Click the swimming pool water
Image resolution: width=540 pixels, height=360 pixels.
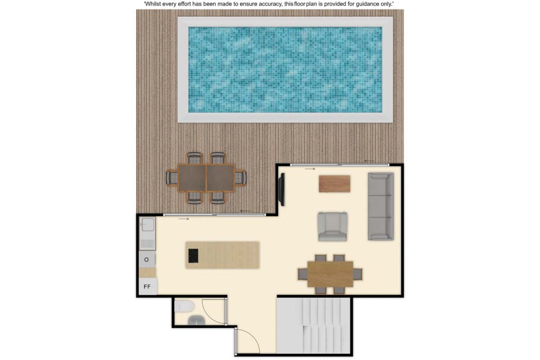pyautogui.click(x=285, y=70)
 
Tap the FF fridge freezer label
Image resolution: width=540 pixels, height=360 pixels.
pyautogui.click(x=147, y=287)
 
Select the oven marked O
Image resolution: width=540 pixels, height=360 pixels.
pyautogui.click(x=147, y=259)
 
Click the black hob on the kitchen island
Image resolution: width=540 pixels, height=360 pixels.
pyautogui.click(x=193, y=255)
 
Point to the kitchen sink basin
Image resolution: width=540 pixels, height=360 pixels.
pyautogui.click(x=148, y=226)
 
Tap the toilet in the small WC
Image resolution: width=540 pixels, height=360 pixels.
pyautogui.click(x=184, y=306)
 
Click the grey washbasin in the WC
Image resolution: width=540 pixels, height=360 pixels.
pyautogui.click(x=197, y=321)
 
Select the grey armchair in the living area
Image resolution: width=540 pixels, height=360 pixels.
pyautogui.click(x=332, y=226)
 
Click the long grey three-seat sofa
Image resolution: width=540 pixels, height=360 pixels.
pyautogui.click(x=381, y=206)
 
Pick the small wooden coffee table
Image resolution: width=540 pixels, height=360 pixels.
pyautogui.click(x=334, y=183)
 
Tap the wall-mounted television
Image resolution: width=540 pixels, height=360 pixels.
pyautogui.click(x=282, y=190)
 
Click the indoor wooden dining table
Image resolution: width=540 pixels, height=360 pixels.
pyautogui.click(x=331, y=274)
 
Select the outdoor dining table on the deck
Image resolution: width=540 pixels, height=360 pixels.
pyautogui.click(x=206, y=178)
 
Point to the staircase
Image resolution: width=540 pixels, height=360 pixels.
pyautogui.click(x=314, y=326)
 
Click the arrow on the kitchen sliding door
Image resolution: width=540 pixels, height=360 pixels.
pyautogui.click(x=183, y=219)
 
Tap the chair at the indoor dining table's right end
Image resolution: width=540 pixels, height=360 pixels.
pyautogui.click(x=358, y=274)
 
